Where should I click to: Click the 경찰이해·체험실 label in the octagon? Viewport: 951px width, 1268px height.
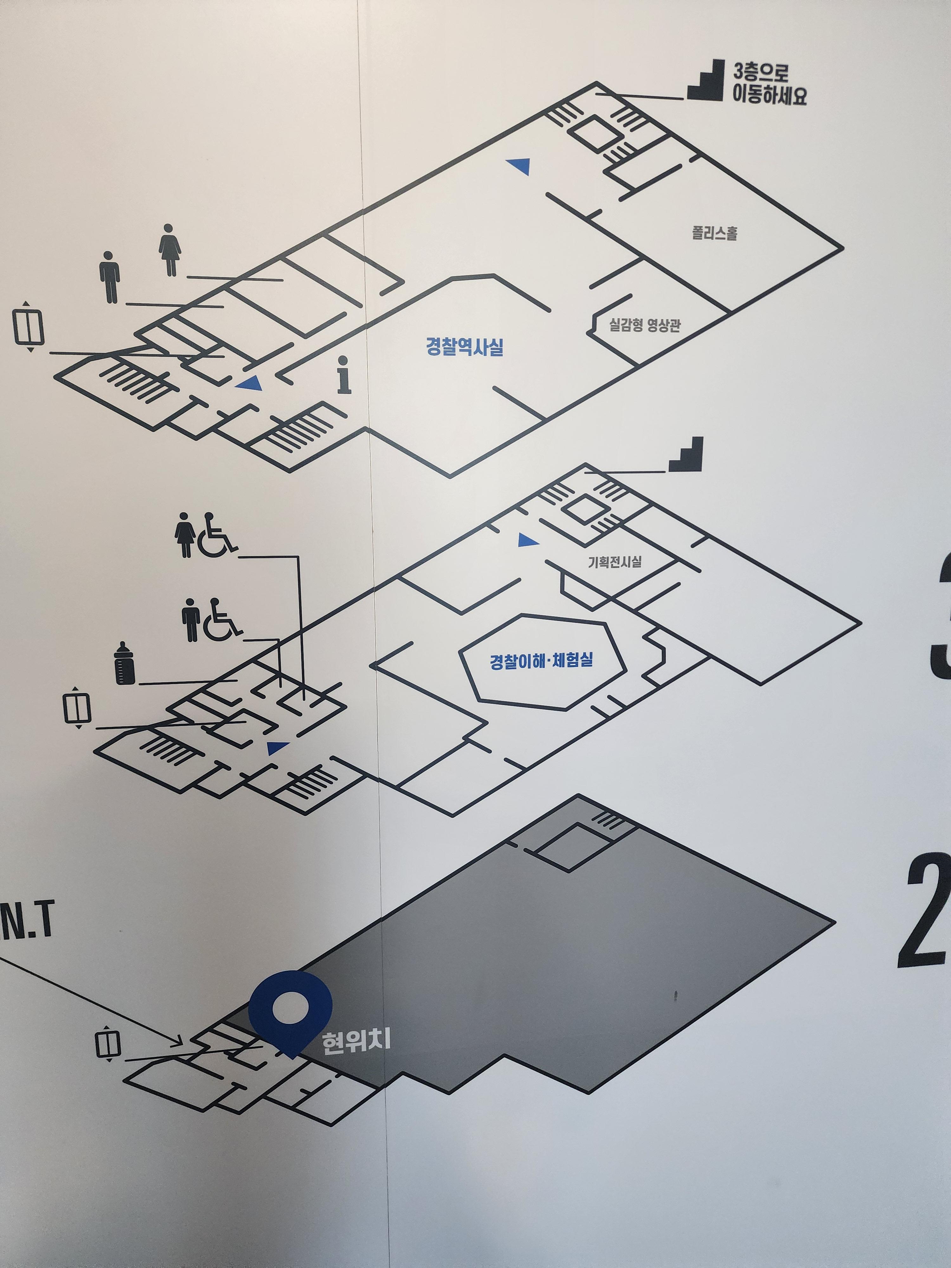click(x=541, y=660)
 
